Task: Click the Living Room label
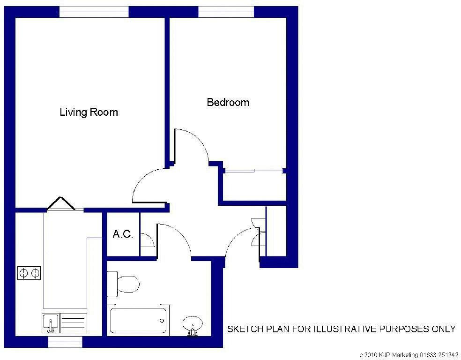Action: point(89,112)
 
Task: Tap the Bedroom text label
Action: point(228,102)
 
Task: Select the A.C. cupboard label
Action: point(123,234)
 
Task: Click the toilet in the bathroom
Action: point(125,284)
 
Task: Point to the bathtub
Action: point(138,320)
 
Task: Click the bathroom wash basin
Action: point(193,324)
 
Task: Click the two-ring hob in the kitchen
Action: point(29,272)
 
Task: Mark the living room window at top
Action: point(94,12)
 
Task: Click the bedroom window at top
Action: point(226,12)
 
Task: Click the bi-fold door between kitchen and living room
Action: point(61,204)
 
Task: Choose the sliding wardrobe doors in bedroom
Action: point(254,171)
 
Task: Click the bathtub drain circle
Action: point(162,321)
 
